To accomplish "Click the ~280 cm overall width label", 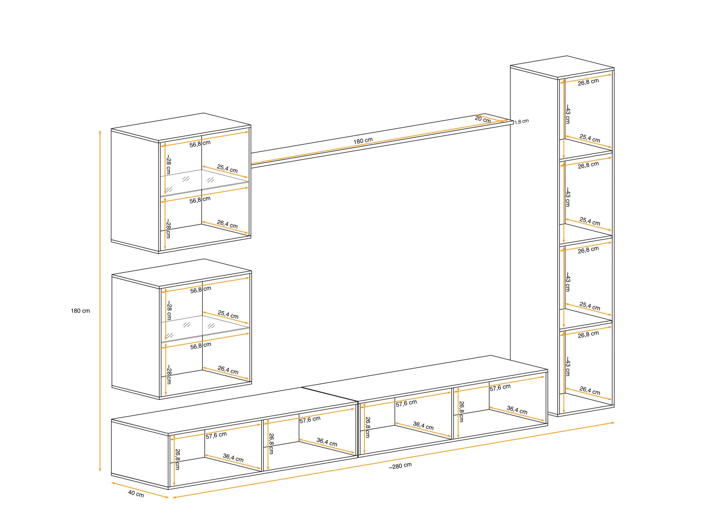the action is (400, 466).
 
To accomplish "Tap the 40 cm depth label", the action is (136, 493).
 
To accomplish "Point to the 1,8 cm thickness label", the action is (521, 122).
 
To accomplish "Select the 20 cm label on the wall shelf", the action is (483, 119).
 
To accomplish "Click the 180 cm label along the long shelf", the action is (363, 140).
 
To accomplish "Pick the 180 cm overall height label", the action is (80, 311).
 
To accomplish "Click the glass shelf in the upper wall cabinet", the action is (204, 182).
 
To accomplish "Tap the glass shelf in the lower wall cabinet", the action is (205, 328).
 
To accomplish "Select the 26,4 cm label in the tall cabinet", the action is (590, 390).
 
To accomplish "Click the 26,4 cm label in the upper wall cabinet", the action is (227, 224).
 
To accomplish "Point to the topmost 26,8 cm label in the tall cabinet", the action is (588, 82).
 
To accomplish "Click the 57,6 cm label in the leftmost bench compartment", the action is (216, 435).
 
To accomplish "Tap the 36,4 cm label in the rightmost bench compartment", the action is (517, 410).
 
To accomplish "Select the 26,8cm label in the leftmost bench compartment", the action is (178, 459).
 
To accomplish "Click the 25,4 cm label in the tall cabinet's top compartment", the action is (590, 138).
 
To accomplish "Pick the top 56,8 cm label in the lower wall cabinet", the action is (201, 290).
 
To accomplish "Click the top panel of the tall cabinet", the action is (562, 66).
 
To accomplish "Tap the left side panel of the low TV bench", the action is (140, 454).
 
